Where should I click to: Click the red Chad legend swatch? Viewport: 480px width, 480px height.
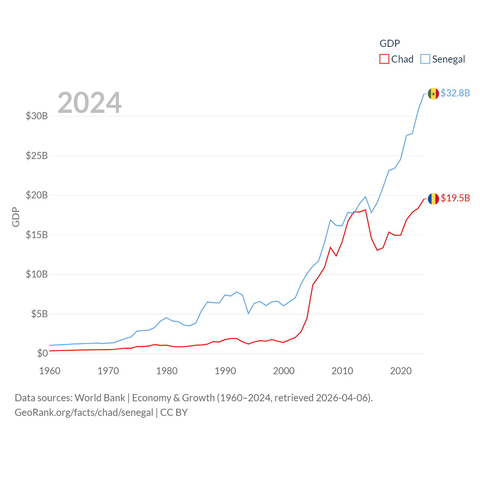click(384, 59)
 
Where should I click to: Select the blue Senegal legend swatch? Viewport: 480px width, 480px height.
click(425, 59)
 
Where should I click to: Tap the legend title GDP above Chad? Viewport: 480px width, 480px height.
click(390, 43)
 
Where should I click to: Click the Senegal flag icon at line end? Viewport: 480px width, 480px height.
click(433, 94)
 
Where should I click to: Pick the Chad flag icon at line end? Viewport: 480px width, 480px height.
click(433, 199)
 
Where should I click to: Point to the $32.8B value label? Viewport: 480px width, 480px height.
click(455, 93)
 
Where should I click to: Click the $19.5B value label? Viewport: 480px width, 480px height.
click(455, 198)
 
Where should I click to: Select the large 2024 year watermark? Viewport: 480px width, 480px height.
click(90, 102)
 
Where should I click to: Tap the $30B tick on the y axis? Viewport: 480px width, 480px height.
click(37, 116)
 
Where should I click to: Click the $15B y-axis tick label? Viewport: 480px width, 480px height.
click(37, 235)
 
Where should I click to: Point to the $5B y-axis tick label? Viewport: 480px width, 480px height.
click(39, 314)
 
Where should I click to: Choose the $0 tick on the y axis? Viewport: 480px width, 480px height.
click(42, 353)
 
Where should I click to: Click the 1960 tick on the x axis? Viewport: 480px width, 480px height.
click(50, 371)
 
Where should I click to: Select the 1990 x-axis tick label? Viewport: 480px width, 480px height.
click(225, 371)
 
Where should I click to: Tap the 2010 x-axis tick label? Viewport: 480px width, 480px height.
click(342, 371)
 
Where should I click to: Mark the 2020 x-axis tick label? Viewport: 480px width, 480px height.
click(401, 371)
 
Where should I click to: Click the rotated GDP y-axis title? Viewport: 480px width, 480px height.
click(16, 217)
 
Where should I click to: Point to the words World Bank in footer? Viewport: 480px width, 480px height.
click(100, 397)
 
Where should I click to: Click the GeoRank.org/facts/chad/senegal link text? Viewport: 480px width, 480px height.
click(84, 412)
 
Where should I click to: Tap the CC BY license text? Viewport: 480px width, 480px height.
click(174, 412)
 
